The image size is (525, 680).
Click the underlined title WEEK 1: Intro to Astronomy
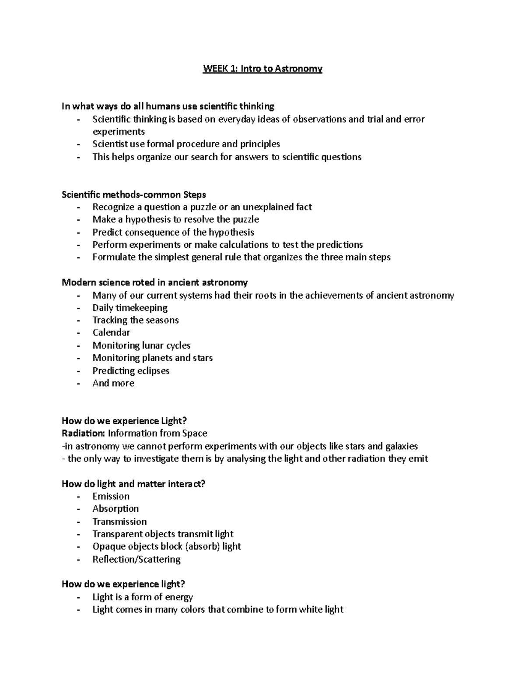pyautogui.click(x=262, y=69)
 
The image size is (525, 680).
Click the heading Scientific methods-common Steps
pyautogui.click(x=134, y=194)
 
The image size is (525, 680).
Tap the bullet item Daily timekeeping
pyautogui.click(x=130, y=308)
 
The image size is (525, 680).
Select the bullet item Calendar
pyautogui.click(x=111, y=333)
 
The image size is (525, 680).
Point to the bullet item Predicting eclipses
pyautogui.click(x=131, y=371)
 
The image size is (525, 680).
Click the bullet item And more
pyautogui.click(x=113, y=383)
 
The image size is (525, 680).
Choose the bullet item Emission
pyautogui.click(x=111, y=497)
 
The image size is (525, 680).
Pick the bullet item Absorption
pyautogui.click(x=115, y=509)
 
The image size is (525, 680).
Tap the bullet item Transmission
pyautogui.click(x=119, y=521)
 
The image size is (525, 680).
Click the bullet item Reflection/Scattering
pyautogui.click(x=136, y=560)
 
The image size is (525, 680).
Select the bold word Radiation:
pyautogui.click(x=84, y=433)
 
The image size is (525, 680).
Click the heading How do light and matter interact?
pyautogui.click(x=133, y=484)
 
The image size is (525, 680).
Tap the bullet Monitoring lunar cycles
pyautogui.click(x=141, y=345)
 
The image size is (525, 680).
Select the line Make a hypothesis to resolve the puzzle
pyautogui.click(x=175, y=219)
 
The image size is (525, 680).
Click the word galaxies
pyautogui.click(x=401, y=446)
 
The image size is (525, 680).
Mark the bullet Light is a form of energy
pyautogui.click(x=143, y=597)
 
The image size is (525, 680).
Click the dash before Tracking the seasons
pyautogui.click(x=78, y=321)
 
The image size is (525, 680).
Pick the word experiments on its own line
pyautogui.click(x=119, y=132)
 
